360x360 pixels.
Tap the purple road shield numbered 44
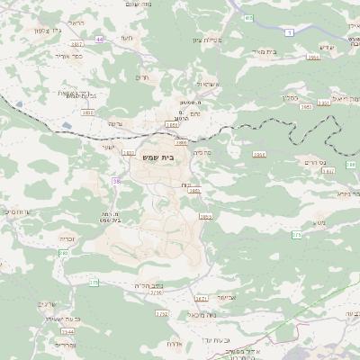pyautogui.click(x=100, y=40)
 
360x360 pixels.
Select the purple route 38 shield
pyautogui.click(x=116, y=181)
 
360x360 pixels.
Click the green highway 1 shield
pyautogui.click(x=289, y=32)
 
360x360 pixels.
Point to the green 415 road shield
pyautogui.click(x=247, y=17)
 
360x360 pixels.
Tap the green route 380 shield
pyautogui.click(x=64, y=253)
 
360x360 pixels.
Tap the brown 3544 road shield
pyautogui.click(x=67, y=331)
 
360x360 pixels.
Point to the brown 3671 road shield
pyautogui.click(x=201, y=299)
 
